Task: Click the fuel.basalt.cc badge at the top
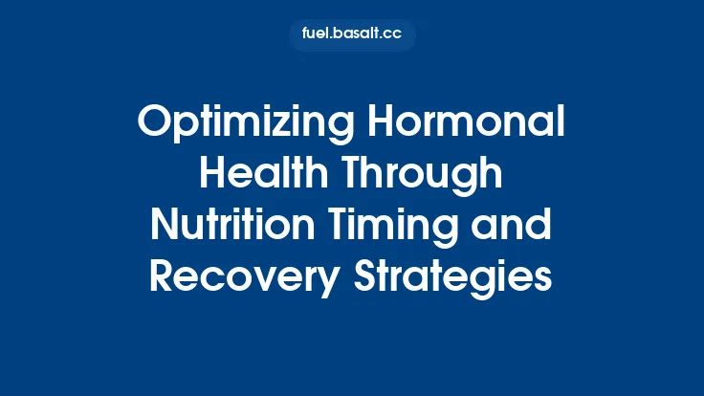[x=352, y=35]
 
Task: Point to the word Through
[x=424, y=175]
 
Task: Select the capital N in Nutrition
[x=164, y=226]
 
